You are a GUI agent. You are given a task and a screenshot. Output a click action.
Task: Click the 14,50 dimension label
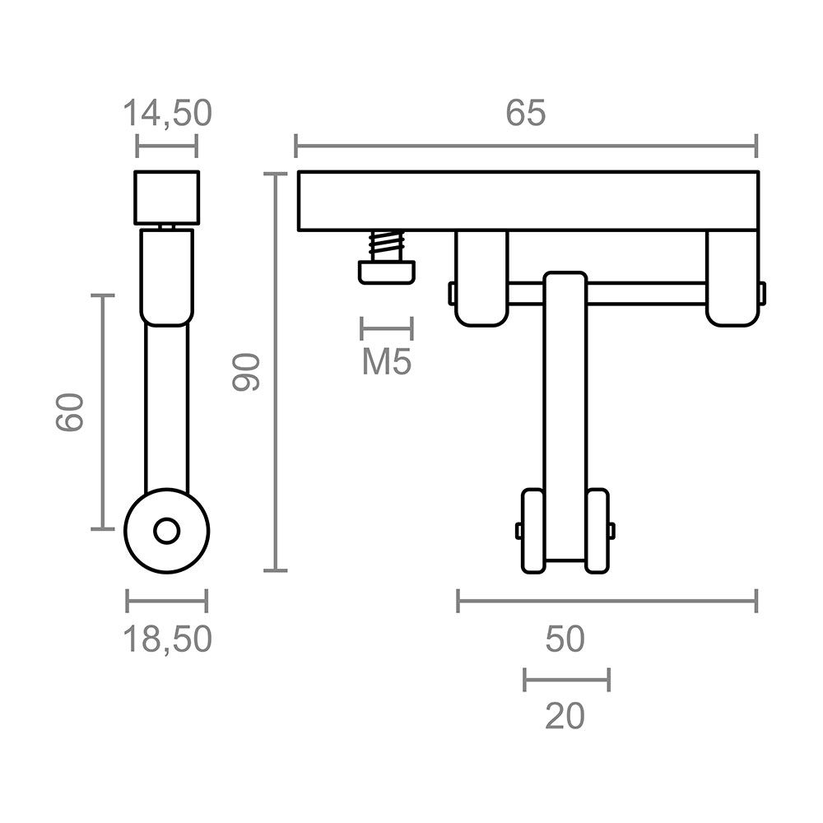(x=167, y=113)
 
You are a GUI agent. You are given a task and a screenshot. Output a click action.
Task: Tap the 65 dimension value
(x=525, y=114)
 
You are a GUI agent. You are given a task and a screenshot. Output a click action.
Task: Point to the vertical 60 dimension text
(x=71, y=411)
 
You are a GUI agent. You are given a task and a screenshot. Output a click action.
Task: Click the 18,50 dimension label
(x=167, y=639)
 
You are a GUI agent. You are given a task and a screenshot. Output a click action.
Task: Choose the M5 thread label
(x=387, y=363)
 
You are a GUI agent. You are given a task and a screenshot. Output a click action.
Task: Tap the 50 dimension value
(x=565, y=639)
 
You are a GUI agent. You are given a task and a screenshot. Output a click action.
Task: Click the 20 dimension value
(x=565, y=717)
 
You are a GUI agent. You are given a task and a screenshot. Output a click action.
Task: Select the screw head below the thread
(x=385, y=272)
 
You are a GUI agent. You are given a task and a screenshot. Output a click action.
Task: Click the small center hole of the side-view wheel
(x=167, y=531)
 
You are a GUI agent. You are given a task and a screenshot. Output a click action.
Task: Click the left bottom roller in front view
(x=532, y=531)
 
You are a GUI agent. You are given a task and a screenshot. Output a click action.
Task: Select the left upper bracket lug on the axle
(x=481, y=277)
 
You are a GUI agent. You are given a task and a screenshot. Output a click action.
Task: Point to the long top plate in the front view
(x=527, y=201)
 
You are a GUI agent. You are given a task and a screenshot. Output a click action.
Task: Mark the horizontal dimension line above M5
(x=386, y=328)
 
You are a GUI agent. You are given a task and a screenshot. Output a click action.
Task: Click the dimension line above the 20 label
(x=566, y=680)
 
